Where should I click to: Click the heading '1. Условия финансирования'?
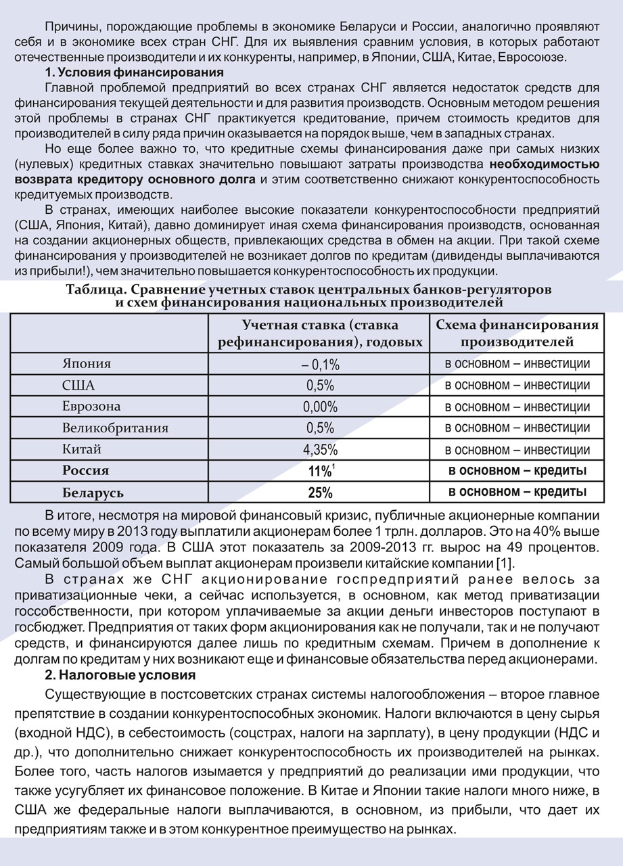click(134, 72)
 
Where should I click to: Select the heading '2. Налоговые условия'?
click(120, 675)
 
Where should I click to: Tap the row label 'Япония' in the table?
click(86, 364)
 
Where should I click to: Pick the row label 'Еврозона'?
click(91, 407)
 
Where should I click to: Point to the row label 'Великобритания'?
click(115, 428)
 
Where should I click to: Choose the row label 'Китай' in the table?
click(82, 449)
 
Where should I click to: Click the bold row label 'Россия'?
click(85, 470)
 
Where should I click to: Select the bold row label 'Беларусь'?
click(93, 492)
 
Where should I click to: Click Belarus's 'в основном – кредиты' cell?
click(517, 491)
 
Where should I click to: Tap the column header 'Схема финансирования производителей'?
click(517, 333)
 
